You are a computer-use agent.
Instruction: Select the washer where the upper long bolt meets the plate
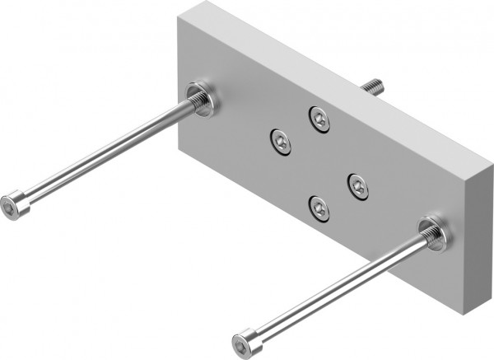(201, 99)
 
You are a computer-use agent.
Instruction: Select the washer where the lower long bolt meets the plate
(433, 234)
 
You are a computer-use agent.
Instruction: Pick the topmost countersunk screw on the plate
(319, 119)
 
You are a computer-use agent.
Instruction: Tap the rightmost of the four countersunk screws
(357, 187)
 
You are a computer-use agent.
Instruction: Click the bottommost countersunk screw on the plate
(319, 208)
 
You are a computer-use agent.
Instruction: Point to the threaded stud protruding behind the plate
(371, 85)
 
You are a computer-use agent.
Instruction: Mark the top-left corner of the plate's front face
(179, 21)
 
